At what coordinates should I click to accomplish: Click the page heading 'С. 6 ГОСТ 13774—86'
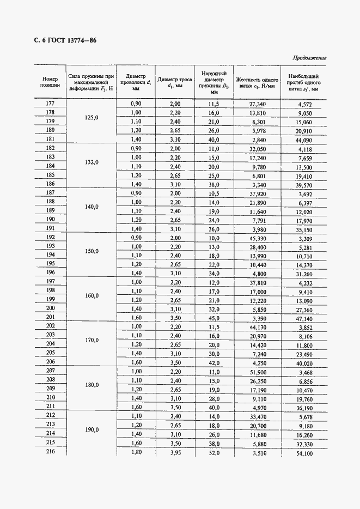point(62,41)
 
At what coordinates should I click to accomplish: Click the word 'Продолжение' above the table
point(309,58)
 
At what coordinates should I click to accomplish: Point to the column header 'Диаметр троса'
point(175,82)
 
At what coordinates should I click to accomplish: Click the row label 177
point(50,104)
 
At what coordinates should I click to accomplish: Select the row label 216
point(50,452)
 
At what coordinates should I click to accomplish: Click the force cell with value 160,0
point(91,295)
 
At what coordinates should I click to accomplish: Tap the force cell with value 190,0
point(91,429)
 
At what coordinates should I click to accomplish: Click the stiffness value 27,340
point(257,104)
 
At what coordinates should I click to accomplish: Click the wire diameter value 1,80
point(136,452)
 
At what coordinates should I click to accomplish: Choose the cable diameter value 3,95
point(175,452)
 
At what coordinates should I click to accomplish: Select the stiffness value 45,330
point(257,238)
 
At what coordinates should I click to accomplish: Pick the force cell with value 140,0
point(91,207)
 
